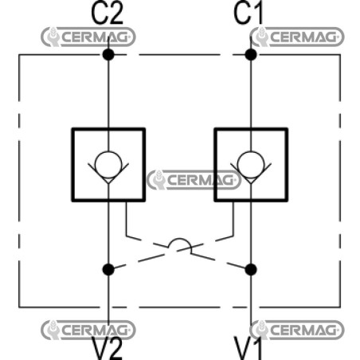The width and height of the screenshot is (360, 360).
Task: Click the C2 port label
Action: click(107, 14)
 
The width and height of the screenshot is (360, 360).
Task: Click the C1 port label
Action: click(248, 14)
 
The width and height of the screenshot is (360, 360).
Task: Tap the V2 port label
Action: click(108, 348)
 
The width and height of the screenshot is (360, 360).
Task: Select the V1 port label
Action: click(248, 348)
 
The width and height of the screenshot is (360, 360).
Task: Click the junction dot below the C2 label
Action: click(108, 55)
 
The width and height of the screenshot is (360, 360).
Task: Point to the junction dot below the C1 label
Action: click(251, 55)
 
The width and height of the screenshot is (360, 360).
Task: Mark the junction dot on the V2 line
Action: click(108, 270)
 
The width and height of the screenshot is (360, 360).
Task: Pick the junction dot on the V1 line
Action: click(251, 270)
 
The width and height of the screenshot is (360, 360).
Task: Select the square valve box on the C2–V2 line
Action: click(72, 165)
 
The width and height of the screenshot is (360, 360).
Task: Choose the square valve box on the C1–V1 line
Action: click(215, 165)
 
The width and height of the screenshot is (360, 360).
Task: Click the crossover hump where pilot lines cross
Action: click(180, 239)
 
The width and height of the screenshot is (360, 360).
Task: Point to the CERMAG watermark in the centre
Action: click(194, 180)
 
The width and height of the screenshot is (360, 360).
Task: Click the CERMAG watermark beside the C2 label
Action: click(88, 37)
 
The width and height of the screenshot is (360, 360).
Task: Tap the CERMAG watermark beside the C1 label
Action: click(297, 37)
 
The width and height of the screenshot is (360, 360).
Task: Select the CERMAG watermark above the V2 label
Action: click(88, 330)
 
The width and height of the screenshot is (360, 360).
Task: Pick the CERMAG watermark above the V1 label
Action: click(297, 330)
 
